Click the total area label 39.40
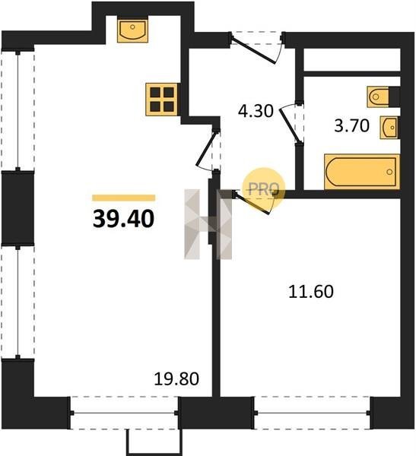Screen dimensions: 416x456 click(x=123, y=219)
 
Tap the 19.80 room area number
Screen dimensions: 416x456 click(x=176, y=379)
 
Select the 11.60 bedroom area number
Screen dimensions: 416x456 click(x=311, y=292)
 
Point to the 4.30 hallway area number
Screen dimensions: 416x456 click(x=256, y=111)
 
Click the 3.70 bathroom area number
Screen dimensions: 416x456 click(x=351, y=126)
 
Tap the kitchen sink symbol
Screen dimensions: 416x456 click(x=132, y=30)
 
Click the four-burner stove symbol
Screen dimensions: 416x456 click(x=161, y=100)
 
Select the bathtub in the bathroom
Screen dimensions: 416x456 click(x=362, y=172)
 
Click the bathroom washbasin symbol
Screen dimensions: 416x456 click(x=389, y=128)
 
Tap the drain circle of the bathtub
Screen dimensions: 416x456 click(x=389, y=172)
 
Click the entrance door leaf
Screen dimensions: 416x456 click(x=254, y=50)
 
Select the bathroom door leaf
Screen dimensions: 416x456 click(x=290, y=125)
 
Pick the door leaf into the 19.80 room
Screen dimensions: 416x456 click(x=206, y=149)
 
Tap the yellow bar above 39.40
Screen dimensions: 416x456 click(x=124, y=198)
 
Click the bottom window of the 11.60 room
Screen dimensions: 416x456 click(x=312, y=413)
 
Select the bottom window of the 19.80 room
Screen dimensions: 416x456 click(x=124, y=413)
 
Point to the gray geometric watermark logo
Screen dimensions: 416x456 click(x=208, y=224)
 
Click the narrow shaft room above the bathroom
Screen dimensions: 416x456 click(x=352, y=59)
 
